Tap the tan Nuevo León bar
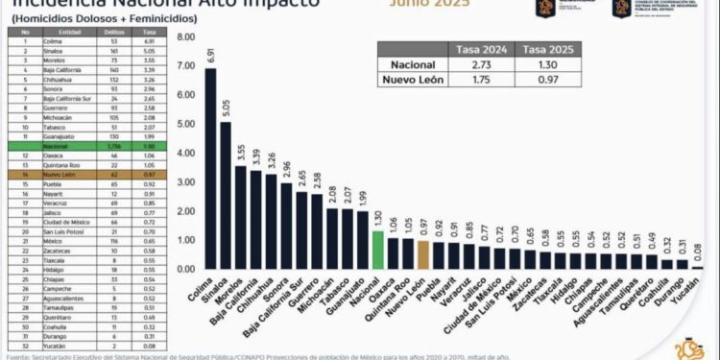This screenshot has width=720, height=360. pos(423,254)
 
